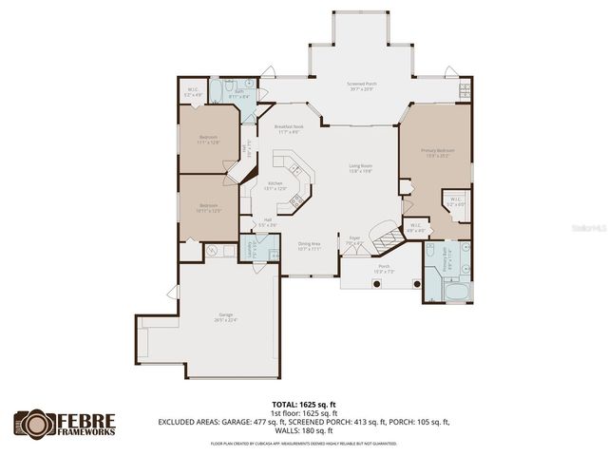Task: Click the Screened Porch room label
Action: (x=360, y=85)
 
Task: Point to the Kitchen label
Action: (x=274, y=184)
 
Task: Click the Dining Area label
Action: (x=309, y=243)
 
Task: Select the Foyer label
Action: (x=353, y=241)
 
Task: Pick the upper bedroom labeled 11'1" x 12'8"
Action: (x=209, y=139)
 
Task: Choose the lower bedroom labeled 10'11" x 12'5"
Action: (x=209, y=207)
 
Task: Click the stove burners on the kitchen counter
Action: (x=296, y=199)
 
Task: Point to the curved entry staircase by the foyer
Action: (x=385, y=231)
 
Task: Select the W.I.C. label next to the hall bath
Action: (x=193, y=93)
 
